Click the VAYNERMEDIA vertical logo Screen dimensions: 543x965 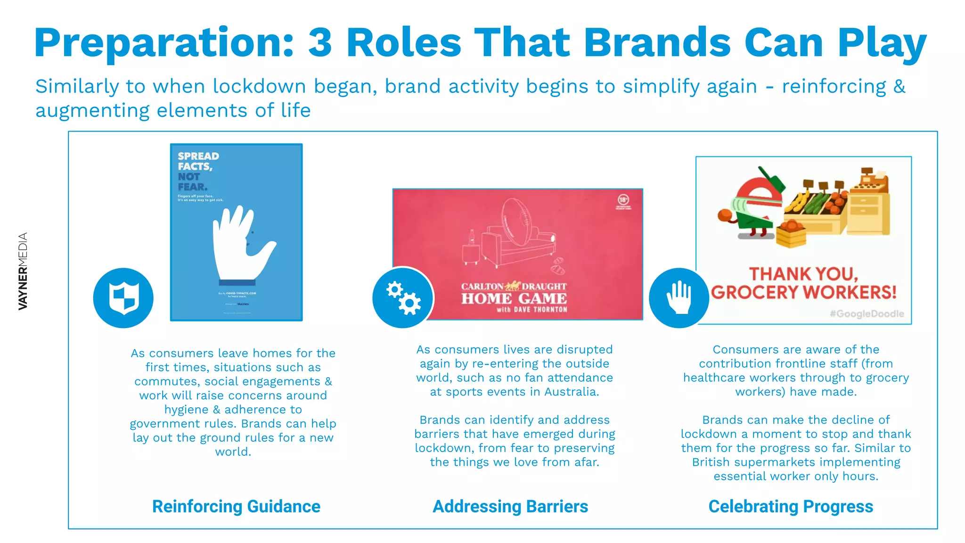23,271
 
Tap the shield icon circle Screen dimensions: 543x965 123,298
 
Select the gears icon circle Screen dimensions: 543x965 403,298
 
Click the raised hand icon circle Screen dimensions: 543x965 679,298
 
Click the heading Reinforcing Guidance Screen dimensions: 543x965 236,507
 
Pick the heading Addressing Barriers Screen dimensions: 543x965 510,507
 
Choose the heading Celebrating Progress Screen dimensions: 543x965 791,507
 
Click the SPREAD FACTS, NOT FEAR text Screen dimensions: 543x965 198,171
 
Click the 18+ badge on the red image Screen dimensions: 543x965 623,200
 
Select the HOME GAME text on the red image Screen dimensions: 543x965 514,299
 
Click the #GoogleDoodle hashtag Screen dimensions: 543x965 867,314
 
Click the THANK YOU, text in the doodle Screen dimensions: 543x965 804,274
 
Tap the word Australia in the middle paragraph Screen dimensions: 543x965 571,392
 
